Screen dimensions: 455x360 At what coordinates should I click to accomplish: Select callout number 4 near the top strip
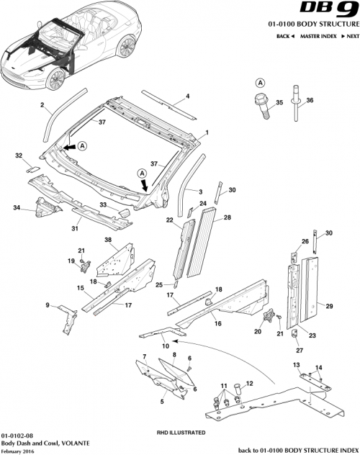pos(188,96)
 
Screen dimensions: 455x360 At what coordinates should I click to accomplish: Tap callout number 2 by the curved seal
pos(42,106)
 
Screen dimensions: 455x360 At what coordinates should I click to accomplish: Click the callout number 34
pos(17,209)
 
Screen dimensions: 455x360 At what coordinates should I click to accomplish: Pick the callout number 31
pos(73,230)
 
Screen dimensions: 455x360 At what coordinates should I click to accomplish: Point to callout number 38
pos(108,240)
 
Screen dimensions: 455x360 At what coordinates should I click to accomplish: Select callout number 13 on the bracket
pos(295,365)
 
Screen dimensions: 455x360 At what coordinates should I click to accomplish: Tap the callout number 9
pos(48,305)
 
